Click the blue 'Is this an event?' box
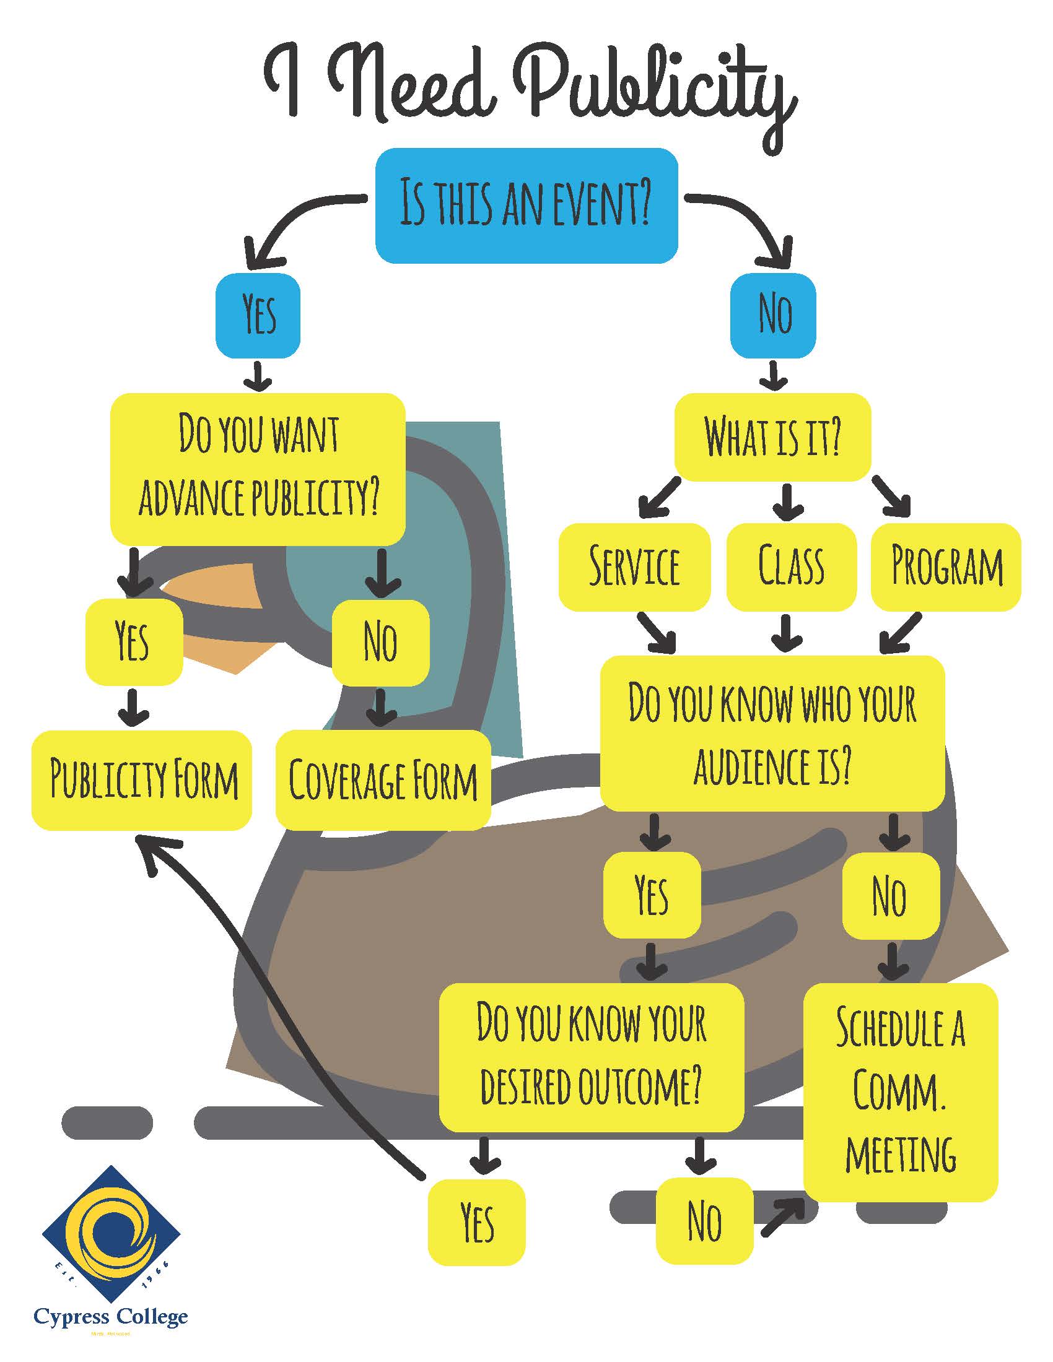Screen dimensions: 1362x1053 pos(526,205)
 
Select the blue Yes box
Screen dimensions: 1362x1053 pos(258,316)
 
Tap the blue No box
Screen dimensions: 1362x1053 pos(773,316)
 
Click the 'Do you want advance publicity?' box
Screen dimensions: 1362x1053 pos(258,469)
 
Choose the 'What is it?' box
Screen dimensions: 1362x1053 pos(772,436)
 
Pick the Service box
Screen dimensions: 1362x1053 pos(634,566)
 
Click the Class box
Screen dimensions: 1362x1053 pos(790,566)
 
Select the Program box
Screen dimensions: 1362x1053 pos(946,566)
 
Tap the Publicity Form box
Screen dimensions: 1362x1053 pos(142,779)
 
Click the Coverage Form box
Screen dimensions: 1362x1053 pos(382,779)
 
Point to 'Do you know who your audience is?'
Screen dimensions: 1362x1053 pos(772,734)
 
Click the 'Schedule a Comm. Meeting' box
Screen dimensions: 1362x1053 pos(900,1091)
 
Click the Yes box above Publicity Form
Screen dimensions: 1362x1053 pos(134,643)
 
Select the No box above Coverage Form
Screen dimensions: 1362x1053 pos(380,643)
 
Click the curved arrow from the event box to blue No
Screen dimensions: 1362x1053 pos(749,219)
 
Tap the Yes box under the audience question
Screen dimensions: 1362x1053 pos(652,895)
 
